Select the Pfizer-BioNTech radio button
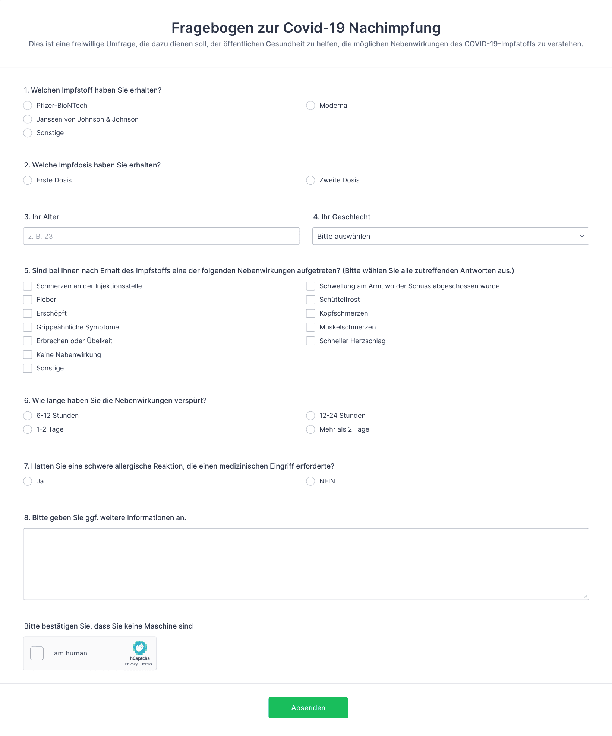pyautogui.click(x=28, y=106)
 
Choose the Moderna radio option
pyautogui.click(x=310, y=106)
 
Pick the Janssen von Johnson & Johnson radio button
pyautogui.click(x=28, y=119)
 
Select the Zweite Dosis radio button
pyautogui.click(x=310, y=180)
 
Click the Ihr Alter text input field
pyautogui.click(x=161, y=236)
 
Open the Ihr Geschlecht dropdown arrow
pyautogui.click(x=581, y=236)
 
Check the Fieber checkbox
pyautogui.click(x=28, y=300)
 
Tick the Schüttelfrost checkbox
pyautogui.click(x=310, y=300)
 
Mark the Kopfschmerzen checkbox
pyautogui.click(x=310, y=313)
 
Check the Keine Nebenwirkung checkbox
pyautogui.click(x=28, y=354)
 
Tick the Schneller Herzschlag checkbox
pyautogui.click(x=310, y=341)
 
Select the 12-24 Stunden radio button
pyautogui.click(x=310, y=416)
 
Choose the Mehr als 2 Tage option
pyautogui.click(x=310, y=429)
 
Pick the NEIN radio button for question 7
pyautogui.click(x=310, y=481)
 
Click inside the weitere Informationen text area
pyautogui.click(x=306, y=564)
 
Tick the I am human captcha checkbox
pyautogui.click(x=37, y=653)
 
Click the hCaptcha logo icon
pyautogui.click(x=140, y=648)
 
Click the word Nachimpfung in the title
pyautogui.click(x=394, y=28)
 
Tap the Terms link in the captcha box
pyautogui.click(x=147, y=664)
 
